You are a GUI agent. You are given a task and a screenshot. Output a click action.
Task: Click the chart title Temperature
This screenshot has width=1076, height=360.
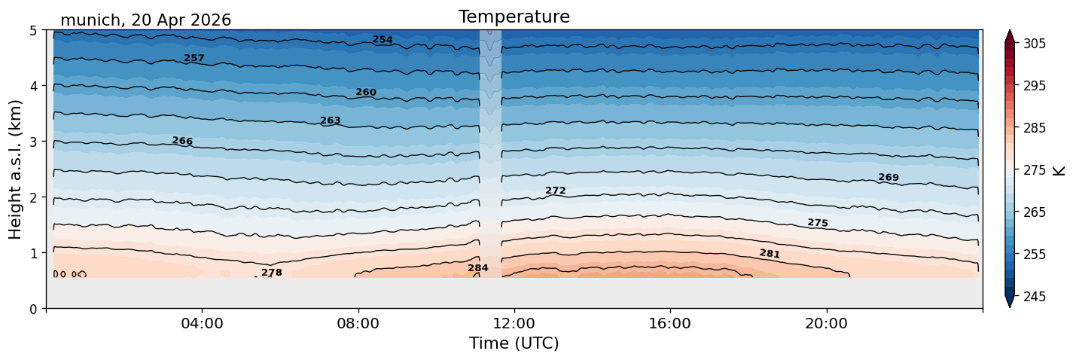pyautogui.click(x=514, y=17)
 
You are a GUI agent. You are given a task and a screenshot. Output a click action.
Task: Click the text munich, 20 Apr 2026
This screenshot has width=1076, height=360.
pyautogui.click(x=145, y=20)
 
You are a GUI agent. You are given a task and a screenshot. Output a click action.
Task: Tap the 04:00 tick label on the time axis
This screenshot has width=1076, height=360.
pyautogui.click(x=203, y=323)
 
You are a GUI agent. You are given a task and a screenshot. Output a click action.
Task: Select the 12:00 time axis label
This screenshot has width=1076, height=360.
pyautogui.click(x=514, y=323)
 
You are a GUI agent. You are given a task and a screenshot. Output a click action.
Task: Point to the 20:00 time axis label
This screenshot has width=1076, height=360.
pyautogui.click(x=826, y=323)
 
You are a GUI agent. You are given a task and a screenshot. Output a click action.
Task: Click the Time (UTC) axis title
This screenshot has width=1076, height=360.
pyautogui.click(x=514, y=343)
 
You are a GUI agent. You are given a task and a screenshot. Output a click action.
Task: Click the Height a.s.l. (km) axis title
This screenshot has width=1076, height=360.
pyautogui.click(x=15, y=169)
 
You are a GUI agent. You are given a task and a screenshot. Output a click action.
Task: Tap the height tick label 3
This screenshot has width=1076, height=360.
pyautogui.click(x=33, y=142)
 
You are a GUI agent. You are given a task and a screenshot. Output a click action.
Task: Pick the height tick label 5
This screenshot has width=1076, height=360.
pyautogui.click(x=33, y=31)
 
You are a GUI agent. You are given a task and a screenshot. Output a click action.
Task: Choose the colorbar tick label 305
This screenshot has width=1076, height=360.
pyautogui.click(x=1034, y=44)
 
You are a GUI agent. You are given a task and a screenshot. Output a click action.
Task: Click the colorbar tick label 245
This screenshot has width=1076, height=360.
pyautogui.click(x=1034, y=297)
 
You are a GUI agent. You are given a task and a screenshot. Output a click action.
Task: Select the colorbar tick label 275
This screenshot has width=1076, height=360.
pyautogui.click(x=1034, y=171)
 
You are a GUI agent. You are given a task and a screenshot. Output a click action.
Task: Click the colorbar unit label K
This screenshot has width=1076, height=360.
pyautogui.click(x=1058, y=171)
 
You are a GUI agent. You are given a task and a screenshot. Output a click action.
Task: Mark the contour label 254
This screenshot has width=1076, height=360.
pyautogui.click(x=383, y=40)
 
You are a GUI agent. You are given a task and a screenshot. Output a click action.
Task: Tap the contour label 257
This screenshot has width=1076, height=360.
pyautogui.click(x=194, y=58)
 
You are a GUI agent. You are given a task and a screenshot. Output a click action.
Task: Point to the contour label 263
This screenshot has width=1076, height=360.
pyautogui.click(x=331, y=121)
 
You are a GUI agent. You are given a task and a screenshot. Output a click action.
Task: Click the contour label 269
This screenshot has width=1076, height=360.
pyautogui.click(x=889, y=177)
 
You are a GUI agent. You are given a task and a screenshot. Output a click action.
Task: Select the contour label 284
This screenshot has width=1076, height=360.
pyautogui.click(x=478, y=268)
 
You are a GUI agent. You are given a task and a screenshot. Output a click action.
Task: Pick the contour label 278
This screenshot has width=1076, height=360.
pyautogui.click(x=272, y=273)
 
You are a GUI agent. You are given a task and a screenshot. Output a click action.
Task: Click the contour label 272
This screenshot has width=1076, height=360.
pyautogui.click(x=556, y=191)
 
